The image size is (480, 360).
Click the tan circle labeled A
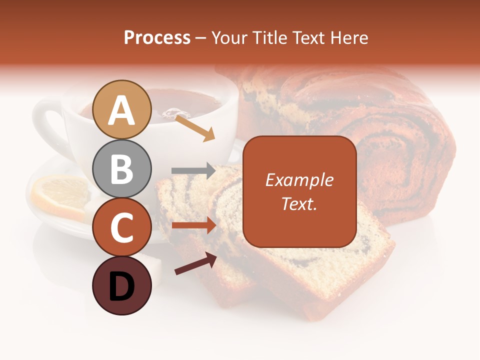pyautogui.click(x=122, y=109)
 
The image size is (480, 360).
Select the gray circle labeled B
pyautogui.click(x=122, y=168)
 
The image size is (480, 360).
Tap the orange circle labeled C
pyautogui.click(x=122, y=227)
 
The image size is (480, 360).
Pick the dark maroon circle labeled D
pyautogui.click(x=122, y=285)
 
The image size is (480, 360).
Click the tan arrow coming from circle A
pyautogui.click(x=195, y=127)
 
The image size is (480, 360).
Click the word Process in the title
pyautogui.click(x=157, y=38)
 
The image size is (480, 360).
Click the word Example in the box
pyautogui.click(x=299, y=180)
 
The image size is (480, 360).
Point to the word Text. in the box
pyautogui.click(x=299, y=203)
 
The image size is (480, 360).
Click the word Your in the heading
pyautogui.click(x=228, y=38)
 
